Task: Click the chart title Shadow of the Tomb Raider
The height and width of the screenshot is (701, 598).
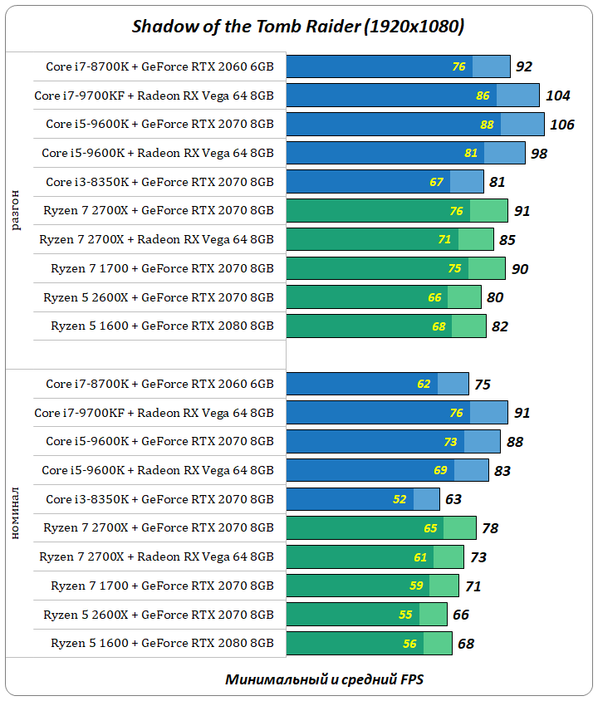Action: pyautogui.click(x=298, y=27)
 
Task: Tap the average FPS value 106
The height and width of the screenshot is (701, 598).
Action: pyautogui.click(x=562, y=125)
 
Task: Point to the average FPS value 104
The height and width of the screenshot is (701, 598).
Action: pyautogui.click(x=558, y=96)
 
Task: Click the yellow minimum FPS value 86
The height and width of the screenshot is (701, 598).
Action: pyautogui.click(x=483, y=96)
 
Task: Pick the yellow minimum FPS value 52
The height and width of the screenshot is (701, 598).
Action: pyautogui.click(x=399, y=499)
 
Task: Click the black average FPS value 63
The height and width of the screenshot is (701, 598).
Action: pyautogui.click(x=453, y=499)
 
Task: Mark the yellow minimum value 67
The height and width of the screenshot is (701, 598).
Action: pyautogui.click(x=436, y=182)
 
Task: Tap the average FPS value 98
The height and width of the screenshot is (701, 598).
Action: pyautogui.click(x=540, y=154)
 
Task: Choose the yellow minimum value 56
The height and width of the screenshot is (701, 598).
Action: pyautogui.click(x=409, y=643)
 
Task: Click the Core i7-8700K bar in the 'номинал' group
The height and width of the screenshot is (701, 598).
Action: pyautogui.click(x=377, y=384)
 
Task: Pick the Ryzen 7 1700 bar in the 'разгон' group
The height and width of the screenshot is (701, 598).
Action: pyautogui.click(x=395, y=268)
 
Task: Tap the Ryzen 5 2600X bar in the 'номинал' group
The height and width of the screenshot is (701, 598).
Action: pyautogui.click(x=365, y=615)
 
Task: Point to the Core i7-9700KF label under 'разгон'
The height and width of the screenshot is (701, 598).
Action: pyautogui.click(x=154, y=96)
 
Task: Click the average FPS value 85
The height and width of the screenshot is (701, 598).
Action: pyautogui.click(x=507, y=240)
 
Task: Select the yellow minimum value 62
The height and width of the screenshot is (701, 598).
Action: pyautogui.click(x=424, y=384)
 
